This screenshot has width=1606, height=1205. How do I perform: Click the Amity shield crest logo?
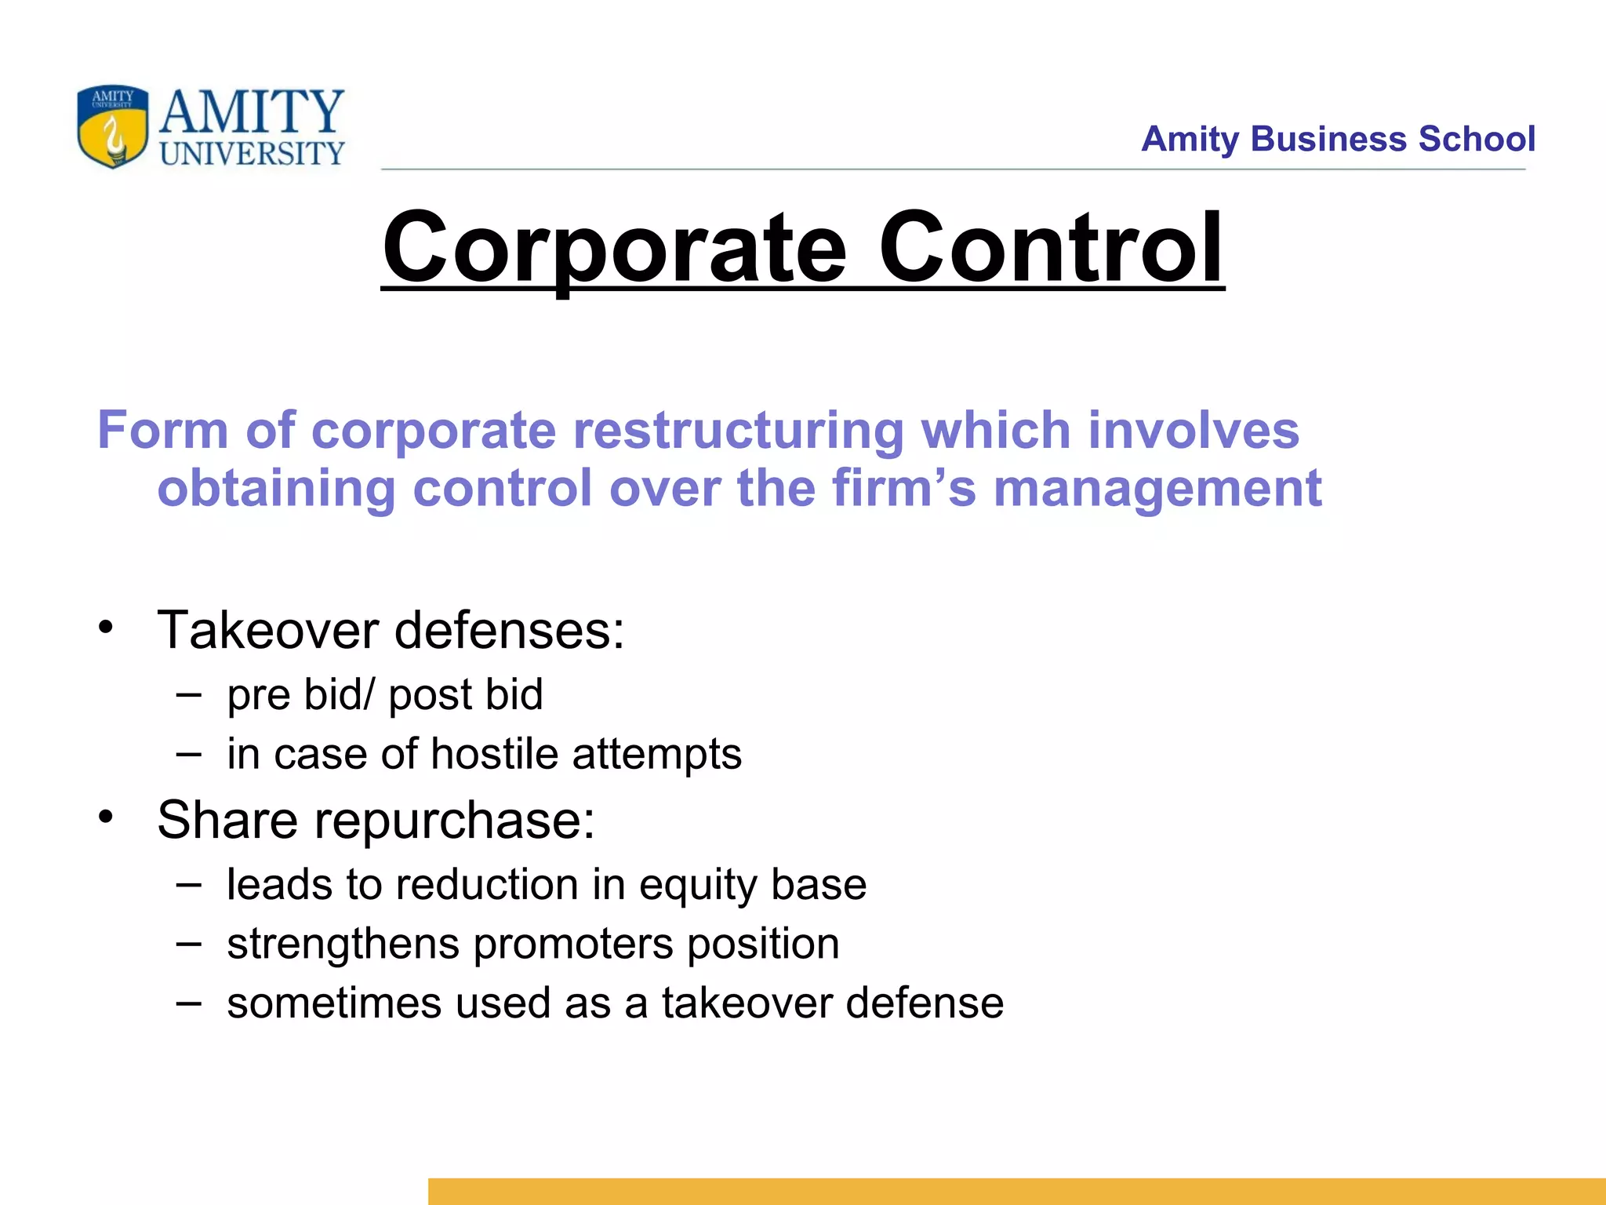112,126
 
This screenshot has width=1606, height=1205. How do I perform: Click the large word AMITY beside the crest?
252,111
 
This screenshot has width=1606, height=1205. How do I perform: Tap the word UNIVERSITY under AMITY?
252,154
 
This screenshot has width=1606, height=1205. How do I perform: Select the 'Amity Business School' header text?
1337,139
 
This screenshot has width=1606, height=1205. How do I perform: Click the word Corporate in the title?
614,248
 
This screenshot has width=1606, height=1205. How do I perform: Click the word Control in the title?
1050,248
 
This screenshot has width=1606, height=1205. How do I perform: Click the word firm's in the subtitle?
903,488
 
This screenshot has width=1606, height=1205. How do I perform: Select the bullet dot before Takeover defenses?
106,628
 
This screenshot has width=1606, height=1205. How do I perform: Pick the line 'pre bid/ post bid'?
384,695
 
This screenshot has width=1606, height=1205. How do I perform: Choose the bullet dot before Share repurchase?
106,817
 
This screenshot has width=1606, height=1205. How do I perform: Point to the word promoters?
573,944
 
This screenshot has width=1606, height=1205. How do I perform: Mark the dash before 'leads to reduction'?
189,884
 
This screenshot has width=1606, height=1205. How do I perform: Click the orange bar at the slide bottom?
1016,1191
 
